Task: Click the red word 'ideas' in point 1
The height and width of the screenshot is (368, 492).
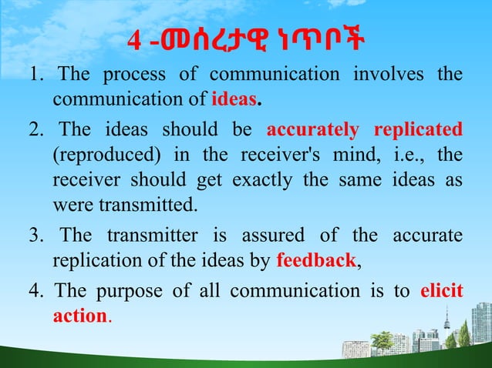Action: [x=234, y=100]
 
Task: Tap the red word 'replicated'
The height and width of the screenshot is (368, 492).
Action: [x=418, y=128]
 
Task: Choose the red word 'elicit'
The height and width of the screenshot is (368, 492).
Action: [x=442, y=292]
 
